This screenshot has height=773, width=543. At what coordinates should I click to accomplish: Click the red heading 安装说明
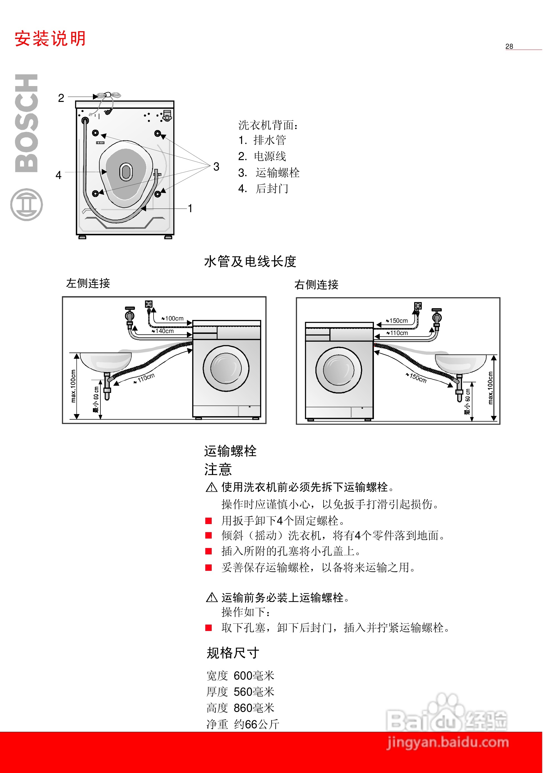[50, 39]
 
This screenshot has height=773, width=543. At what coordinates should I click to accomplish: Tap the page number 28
[509, 47]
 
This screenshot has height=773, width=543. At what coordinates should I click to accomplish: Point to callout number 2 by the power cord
[61, 98]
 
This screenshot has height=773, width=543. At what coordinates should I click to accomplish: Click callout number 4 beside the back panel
[58, 175]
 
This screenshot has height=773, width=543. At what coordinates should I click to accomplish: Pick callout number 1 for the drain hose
[190, 208]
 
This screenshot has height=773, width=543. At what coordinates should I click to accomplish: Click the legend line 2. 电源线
[262, 156]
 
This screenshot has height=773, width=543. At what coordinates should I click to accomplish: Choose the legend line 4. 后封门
[263, 189]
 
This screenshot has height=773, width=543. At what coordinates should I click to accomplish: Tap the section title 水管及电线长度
[250, 261]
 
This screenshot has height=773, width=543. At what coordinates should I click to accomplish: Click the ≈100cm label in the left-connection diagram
[173, 319]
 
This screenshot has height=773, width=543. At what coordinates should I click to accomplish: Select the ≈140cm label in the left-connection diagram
[163, 331]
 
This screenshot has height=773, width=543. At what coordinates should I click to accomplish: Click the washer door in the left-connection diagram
[226, 368]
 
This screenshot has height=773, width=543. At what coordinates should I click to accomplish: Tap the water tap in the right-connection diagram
[437, 317]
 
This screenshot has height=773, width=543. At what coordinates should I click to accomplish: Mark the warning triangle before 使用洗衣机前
[211, 487]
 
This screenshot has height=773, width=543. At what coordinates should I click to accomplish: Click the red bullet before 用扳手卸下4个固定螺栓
[209, 521]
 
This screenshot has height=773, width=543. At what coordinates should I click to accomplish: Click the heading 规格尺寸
[233, 653]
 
